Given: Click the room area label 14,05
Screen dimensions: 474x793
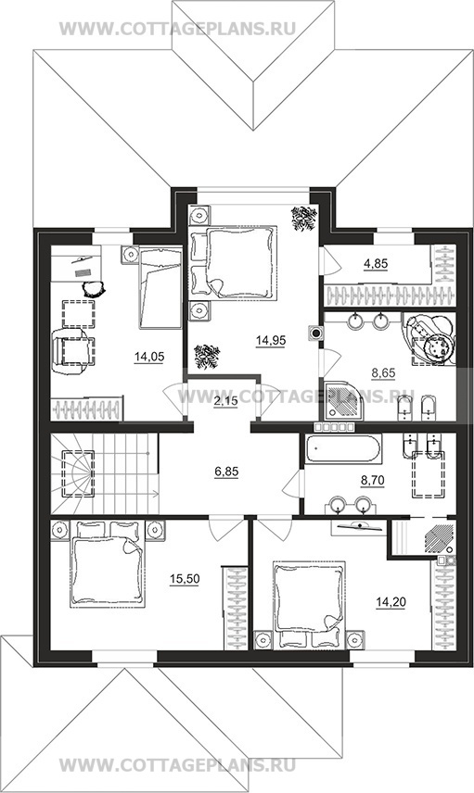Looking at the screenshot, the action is (149, 358).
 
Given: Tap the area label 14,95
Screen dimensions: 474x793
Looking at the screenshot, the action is (271, 341).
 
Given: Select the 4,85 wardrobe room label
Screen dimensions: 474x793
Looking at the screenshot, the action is (376, 263).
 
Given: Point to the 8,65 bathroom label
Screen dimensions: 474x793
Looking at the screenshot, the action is (383, 373).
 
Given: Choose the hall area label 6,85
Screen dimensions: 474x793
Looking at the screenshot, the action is (226, 472).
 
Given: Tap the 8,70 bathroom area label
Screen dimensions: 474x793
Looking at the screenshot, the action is (372, 481).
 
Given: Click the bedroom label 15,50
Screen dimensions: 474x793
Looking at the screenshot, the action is (185, 579).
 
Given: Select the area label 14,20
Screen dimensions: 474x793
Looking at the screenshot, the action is (391, 602).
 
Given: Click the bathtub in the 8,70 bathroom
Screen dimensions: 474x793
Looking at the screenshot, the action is (343, 449).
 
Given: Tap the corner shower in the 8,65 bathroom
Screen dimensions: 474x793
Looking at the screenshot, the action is (343, 400).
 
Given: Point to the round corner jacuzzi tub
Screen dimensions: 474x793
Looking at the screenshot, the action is (431, 337).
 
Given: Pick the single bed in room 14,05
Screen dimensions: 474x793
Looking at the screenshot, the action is (160, 287).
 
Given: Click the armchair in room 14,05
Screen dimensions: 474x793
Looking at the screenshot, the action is (73, 351).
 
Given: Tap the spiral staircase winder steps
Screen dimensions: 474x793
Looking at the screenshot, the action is (75, 473).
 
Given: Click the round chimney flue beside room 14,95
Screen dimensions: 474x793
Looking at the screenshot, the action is (316, 333).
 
